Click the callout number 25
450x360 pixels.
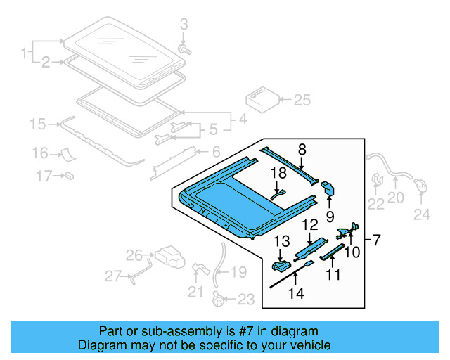coord(302,101)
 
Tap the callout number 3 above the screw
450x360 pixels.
coord(184,25)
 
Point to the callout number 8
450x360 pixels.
coord(302,149)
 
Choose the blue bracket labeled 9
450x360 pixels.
coord(328,190)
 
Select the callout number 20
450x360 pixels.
coord(396,198)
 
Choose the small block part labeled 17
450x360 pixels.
coord(70,174)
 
